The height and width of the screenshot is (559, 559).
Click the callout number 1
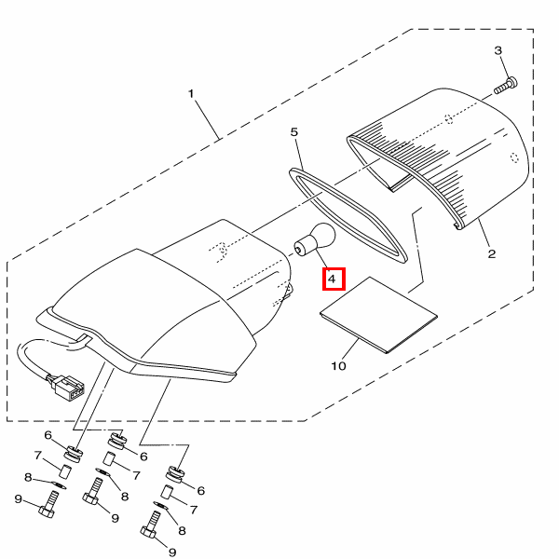point(191,94)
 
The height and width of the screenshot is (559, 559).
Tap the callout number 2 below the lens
point(491,252)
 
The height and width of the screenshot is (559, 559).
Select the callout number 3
point(498,50)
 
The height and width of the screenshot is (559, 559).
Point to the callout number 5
point(294,132)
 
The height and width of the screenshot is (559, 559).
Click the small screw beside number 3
point(503,86)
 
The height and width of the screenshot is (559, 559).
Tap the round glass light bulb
point(320,236)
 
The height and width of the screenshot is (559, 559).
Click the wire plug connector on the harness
point(67,387)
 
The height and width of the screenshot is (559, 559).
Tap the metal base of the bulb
point(302,246)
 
